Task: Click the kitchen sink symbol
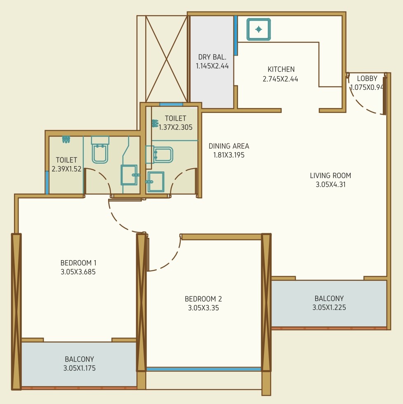tap(259, 29)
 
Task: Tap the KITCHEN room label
tap(281, 69)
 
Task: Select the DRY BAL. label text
tap(212, 57)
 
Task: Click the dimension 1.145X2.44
tap(212, 66)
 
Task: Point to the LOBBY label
tap(367, 78)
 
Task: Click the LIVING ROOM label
tap(330, 176)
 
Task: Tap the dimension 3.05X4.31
tap(330, 185)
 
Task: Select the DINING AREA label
tap(229, 146)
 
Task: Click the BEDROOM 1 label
tap(78, 263)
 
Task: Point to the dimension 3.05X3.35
tap(203, 308)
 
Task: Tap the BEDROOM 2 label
tap(203, 299)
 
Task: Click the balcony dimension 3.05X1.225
tap(329, 308)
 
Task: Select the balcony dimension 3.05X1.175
tap(80, 368)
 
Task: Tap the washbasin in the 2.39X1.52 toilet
tap(130, 175)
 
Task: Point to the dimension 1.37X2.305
tap(176, 127)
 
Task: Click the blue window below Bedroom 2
tap(204, 369)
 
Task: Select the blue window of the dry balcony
tap(236, 35)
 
